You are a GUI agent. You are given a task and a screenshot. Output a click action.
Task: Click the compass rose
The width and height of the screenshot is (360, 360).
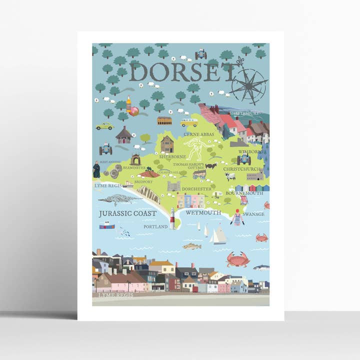pyautogui.click(x=248, y=85)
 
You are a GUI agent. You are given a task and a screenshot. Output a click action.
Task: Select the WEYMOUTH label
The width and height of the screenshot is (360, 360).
pyautogui.click(x=203, y=212)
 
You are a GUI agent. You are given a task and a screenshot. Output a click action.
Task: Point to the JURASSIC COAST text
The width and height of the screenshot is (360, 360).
pyautogui.click(x=127, y=213)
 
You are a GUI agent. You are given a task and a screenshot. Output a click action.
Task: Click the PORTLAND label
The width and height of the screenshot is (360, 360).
pyautogui.click(x=155, y=226)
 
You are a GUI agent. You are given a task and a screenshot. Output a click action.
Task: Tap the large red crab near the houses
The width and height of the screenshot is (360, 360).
pyautogui.click(x=238, y=259)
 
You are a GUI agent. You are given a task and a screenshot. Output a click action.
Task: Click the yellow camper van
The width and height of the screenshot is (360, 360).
pyautogui.click(x=188, y=122)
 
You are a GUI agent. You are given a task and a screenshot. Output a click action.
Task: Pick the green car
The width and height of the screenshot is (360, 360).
pyautogui.click(x=105, y=126)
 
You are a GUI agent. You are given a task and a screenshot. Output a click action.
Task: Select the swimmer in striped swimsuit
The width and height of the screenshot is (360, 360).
pyautogui.click(x=237, y=217)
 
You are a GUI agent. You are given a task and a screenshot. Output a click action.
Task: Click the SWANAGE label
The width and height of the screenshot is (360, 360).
pyautogui.click(x=254, y=214)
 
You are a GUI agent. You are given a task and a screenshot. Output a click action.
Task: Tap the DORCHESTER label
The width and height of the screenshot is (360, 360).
pyautogui.click(x=196, y=189)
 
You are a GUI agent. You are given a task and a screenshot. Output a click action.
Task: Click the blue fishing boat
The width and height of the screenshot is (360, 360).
pyautogui.click(x=106, y=225)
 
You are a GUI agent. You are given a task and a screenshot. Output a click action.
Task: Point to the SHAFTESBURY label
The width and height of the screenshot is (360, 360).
pyautogui.click(x=245, y=113)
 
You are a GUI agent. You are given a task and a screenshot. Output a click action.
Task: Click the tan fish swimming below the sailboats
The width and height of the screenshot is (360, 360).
pyautogui.click(x=192, y=246)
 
